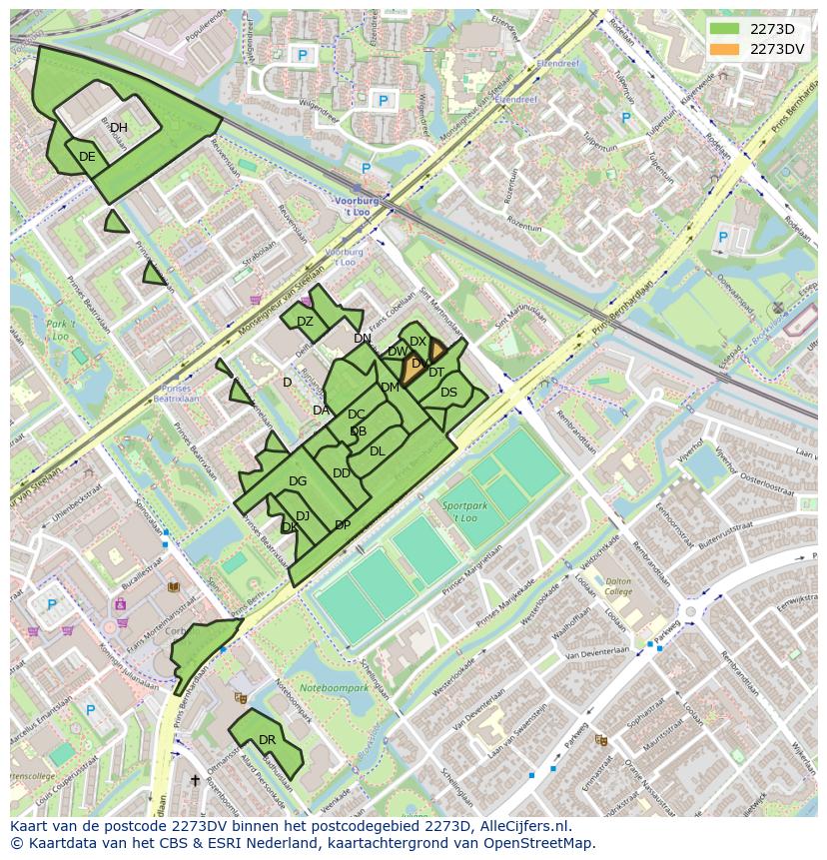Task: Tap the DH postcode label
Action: pyautogui.click(x=119, y=128)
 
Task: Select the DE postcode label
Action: pyautogui.click(x=87, y=157)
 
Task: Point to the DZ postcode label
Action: pyautogui.click(x=305, y=322)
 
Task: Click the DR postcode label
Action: pyautogui.click(x=267, y=740)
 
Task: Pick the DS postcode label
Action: pyautogui.click(x=448, y=393)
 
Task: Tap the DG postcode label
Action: pyautogui.click(x=298, y=481)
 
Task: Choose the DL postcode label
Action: pyautogui.click(x=377, y=451)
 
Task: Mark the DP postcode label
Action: pyautogui.click(x=343, y=525)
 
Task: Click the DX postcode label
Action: pyautogui.click(x=417, y=342)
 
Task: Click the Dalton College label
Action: pyautogui.click(x=618, y=586)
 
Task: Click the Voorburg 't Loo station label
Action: pyautogui.click(x=357, y=206)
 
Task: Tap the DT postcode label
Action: pyautogui.click(x=436, y=373)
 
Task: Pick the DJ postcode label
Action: pyautogui.click(x=303, y=515)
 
